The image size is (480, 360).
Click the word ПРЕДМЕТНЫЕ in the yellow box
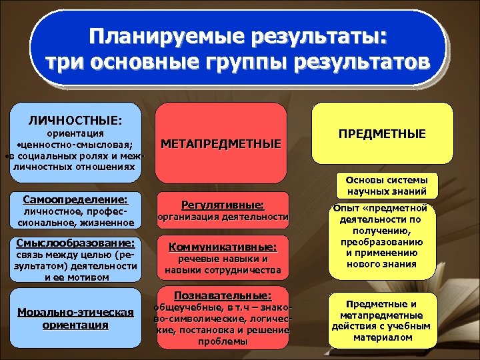[x=382, y=134]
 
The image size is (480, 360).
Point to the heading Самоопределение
[x=75, y=199]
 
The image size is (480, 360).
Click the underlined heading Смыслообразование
[x=74, y=243]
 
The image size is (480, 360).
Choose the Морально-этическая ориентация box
[x=75, y=319]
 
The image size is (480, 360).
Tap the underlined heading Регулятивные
[x=222, y=205]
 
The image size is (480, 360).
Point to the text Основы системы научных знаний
[x=382, y=186]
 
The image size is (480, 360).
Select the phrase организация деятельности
[x=222, y=217]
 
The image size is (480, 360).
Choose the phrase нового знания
[x=382, y=264]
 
